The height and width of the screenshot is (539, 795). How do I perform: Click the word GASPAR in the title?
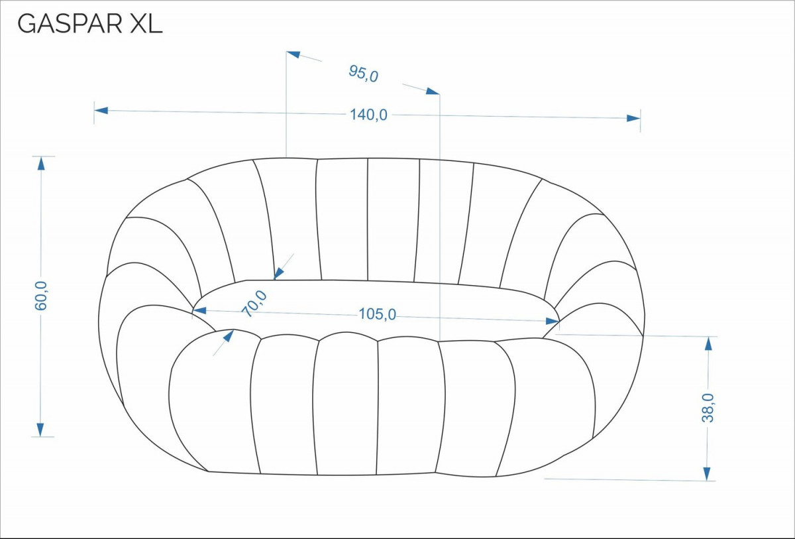coord(70,24)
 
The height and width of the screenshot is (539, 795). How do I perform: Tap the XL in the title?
coord(146,24)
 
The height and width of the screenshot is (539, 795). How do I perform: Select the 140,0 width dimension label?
coord(369,115)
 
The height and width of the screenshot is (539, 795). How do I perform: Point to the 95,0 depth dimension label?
coord(364,74)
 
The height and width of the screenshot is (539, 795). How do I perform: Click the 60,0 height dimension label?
coord(41,296)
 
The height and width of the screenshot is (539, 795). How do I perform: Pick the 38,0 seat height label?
coord(708,408)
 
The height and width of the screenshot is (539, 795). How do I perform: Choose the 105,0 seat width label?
coord(377,314)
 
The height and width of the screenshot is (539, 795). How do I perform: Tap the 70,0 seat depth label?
coord(254,303)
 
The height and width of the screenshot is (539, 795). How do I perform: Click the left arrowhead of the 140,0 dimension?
coord(101,111)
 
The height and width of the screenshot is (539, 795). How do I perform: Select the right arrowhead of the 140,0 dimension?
coord(633,118)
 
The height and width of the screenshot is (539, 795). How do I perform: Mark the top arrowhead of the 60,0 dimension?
coord(41,163)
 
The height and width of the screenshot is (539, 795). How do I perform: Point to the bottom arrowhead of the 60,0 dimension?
coord(40,430)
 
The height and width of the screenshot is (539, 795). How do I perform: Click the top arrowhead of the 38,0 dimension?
coord(708,343)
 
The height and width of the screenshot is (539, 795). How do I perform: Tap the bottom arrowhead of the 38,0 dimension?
coord(707,474)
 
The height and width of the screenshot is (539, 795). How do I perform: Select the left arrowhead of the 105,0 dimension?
coord(199,311)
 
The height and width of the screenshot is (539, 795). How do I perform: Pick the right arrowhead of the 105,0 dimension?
coord(553,322)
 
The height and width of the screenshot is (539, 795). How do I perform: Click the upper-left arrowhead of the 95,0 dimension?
coord(293,54)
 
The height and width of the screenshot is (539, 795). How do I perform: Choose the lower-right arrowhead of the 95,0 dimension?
coord(433,91)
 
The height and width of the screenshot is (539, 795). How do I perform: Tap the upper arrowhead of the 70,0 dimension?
coord(279,273)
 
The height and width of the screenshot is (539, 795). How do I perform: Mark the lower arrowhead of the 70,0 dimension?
coord(229,335)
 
